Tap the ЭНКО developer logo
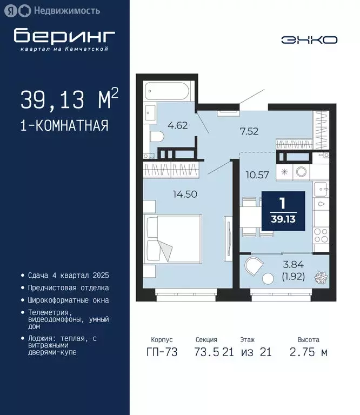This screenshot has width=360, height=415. pyautogui.click(x=309, y=40)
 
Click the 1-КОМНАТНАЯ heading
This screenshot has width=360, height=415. pyautogui.click(x=64, y=126)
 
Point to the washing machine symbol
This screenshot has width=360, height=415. pyautogui.click(x=301, y=172)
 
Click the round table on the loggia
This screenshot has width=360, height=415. pyautogui.click(x=269, y=279)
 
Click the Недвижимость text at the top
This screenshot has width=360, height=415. pyautogui.click(x=66, y=10)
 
